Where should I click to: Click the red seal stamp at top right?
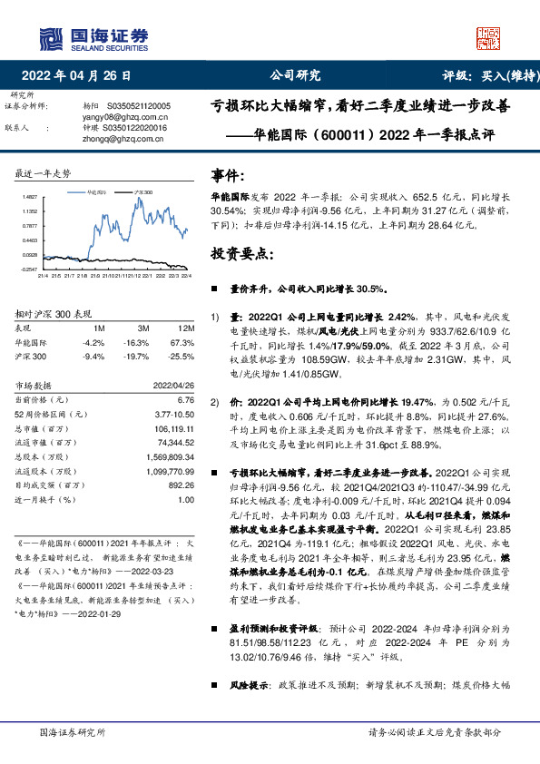coord(487,38)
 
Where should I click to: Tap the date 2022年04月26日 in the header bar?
coord(82,76)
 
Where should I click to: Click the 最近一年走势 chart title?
coord(44,172)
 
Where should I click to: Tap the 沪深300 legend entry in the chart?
coord(143,193)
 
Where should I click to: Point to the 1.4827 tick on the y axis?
coord(30,196)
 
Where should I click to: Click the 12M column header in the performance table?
coord(185,328)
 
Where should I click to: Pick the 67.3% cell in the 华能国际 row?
coord(182,343)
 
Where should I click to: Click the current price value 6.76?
coord(186,399)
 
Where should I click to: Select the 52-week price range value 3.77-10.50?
coord(172,414)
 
